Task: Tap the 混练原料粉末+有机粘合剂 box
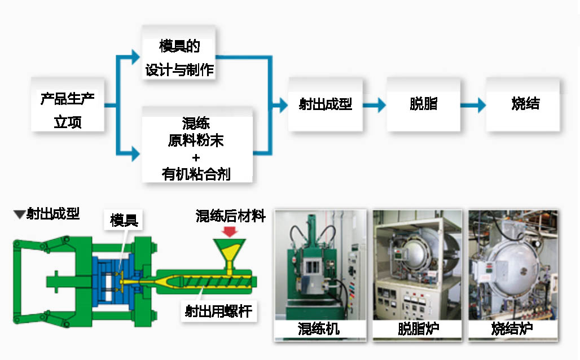coord(196,148)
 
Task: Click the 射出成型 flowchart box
coord(326,105)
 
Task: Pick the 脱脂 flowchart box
coord(423,105)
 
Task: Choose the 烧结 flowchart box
coord(525,105)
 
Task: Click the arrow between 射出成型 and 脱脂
coord(375,105)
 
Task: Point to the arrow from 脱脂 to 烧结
coord(473,105)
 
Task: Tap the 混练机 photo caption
coord(319,328)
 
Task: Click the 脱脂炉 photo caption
coord(418,328)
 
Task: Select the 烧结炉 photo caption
coord(513,328)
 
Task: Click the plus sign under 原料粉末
coord(196,157)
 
